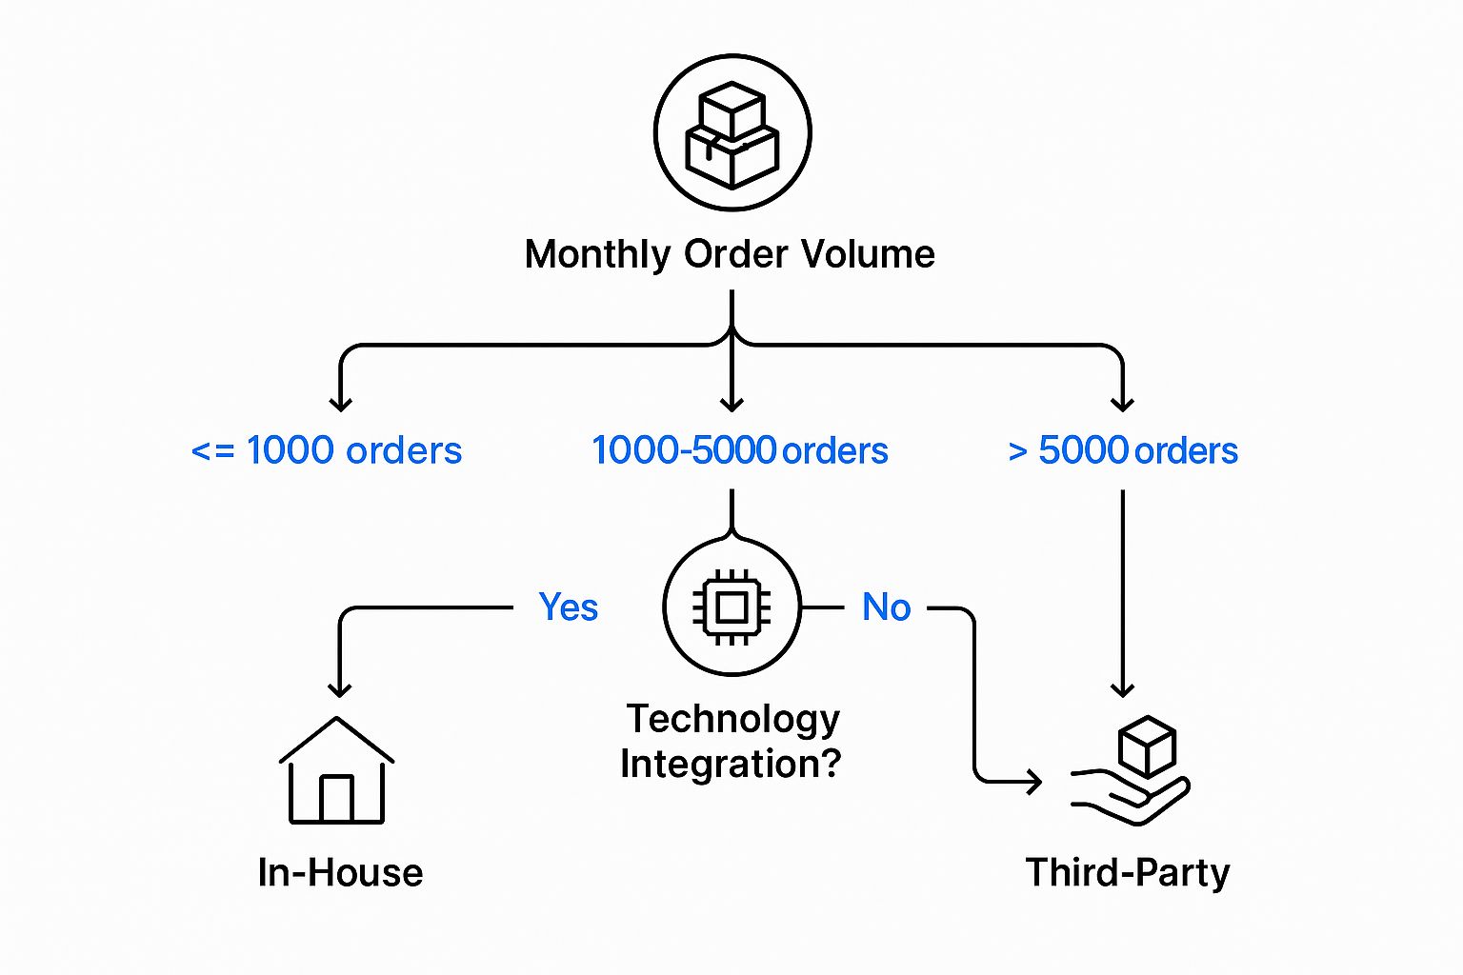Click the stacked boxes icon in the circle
pyautogui.click(x=731, y=133)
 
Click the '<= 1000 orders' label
pyautogui.click(x=327, y=450)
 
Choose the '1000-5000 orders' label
pyautogui.click(x=739, y=450)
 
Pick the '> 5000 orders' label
pyautogui.click(x=1123, y=450)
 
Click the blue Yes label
pyautogui.click(x=569, y=607)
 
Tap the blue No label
pyautogui.click(x=886, y=607)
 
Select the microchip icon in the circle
pyautogui.click(x=731, y=607)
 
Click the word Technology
pyautogui.click(x=732, y=719)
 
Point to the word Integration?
pyautogui.click(x=731, y=764)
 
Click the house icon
pyautogui.click(x=336, y=770)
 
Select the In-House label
pyautogui.click(x=340, y=872)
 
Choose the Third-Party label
pyautogui.click(x=1128, y=872)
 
